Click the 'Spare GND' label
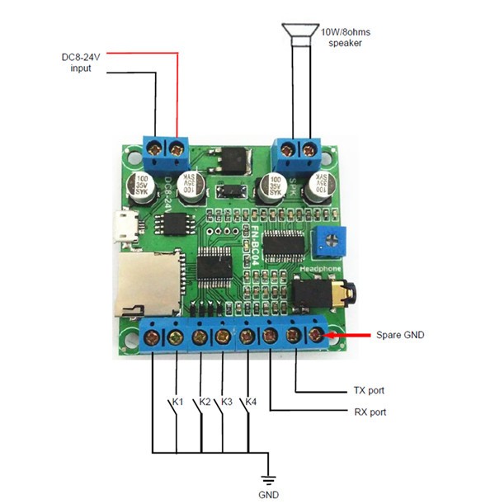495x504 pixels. click(x=399, y=336)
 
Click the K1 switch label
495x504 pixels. click(x=176, y=402)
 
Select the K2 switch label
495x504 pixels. click(x=203, y=402)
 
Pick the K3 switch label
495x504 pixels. click(x=227, y=402)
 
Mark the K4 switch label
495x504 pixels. click(x=252, y=402)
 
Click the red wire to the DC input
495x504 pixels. click(x=177, y=91)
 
